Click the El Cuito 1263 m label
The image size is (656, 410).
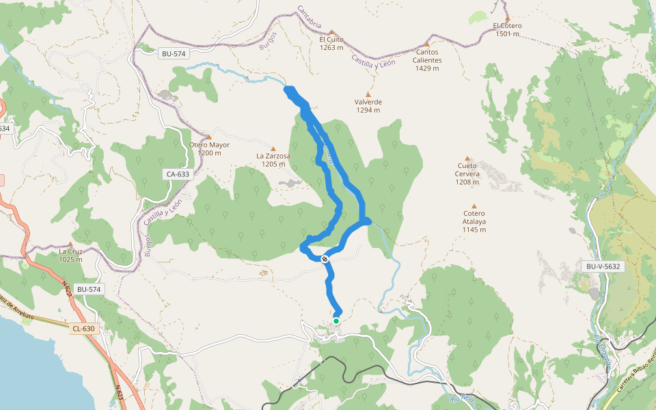[x=331, y=44]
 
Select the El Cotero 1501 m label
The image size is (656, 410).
[x=506, y=29]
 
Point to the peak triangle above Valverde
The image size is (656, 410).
[x=368, y=94]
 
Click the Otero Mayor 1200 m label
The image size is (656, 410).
[x=209, y=149]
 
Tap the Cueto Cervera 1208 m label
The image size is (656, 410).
[x=468, y=169]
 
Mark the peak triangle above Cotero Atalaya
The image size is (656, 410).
[x=474, y=205]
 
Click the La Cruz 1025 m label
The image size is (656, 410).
[x=70, y=255]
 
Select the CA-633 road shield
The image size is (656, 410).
[x=178, y=174]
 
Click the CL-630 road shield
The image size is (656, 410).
[x=84, y=329]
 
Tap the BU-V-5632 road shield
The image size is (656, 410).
[x=602, y=266]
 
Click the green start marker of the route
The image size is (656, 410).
[x=336, y=320]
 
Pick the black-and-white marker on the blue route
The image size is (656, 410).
[x=325, y=259]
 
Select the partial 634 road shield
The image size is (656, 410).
[x=4, y=128]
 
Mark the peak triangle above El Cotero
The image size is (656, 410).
[x=507, y=18]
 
